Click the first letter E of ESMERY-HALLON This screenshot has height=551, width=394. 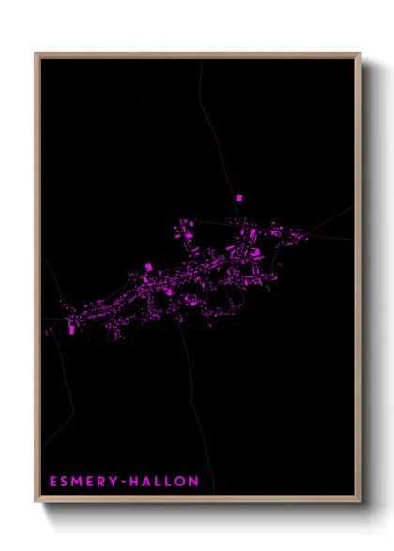[x=53, y=482]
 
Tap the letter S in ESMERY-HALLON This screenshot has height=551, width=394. [x=66, y=482]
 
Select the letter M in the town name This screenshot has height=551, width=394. [x=79, y=482]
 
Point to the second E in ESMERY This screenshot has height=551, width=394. [x=93, y=482]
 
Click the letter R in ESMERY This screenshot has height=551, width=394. [x=105, y=482]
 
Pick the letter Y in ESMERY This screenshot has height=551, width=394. [x=117, y=482]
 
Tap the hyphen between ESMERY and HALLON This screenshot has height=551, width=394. [x=129, y=482]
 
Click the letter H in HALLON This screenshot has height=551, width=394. [x=141, y=482]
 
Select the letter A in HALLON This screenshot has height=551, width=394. [x=154, y=482]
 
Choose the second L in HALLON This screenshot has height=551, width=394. [x=175, y=482]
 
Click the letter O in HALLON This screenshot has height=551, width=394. [x=186, y=482]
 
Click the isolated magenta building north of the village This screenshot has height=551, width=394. [x=238, y=198]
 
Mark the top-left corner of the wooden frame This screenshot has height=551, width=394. [x=36, y=53]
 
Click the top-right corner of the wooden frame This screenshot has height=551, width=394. [x=359, y=53]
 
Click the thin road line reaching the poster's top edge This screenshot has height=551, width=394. [x=200, y=66]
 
